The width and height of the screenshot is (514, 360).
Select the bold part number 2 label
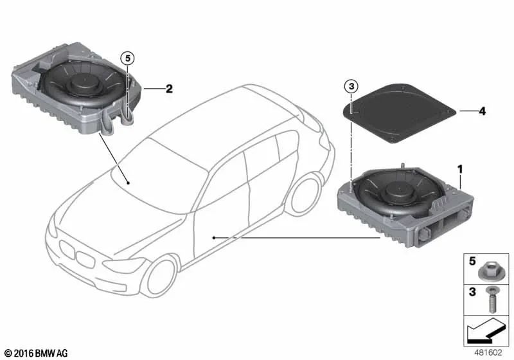168,89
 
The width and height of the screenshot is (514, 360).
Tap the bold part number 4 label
482,111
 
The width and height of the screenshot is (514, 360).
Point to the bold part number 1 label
459,168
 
